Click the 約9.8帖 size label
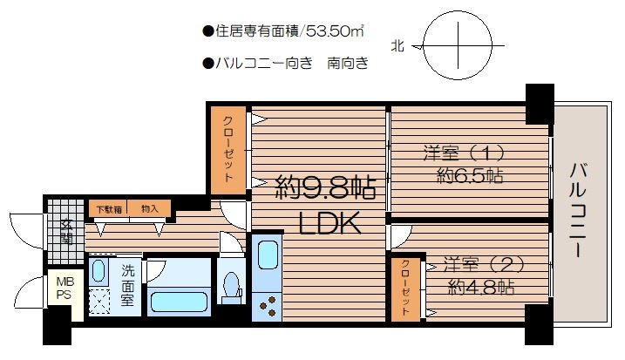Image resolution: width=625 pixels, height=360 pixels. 326,188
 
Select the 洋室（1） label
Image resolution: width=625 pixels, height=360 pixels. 465,153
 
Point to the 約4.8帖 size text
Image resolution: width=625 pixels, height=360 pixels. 481,287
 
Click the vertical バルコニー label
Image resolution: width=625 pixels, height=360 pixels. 578,210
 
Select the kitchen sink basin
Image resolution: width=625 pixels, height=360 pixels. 268,255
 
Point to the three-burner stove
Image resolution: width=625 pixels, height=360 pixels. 267,306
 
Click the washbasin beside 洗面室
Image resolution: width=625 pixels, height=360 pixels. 98,270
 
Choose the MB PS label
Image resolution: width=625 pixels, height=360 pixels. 65,288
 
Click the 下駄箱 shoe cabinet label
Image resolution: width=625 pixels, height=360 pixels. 109,209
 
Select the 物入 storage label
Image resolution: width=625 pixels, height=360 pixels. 150,208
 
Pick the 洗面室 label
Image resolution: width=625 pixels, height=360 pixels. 127,285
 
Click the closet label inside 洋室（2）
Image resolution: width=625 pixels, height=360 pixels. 405,288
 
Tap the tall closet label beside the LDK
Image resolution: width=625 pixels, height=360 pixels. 228,149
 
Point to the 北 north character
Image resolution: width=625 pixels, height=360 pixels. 397,46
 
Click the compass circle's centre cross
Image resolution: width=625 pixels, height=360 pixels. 458,45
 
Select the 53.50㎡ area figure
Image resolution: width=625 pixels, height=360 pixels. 335,31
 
